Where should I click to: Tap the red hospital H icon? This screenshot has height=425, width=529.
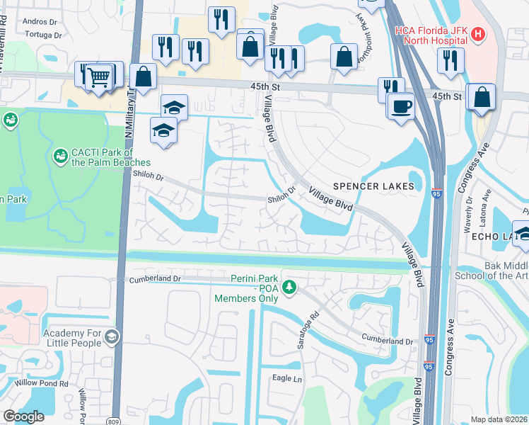pos(478,33)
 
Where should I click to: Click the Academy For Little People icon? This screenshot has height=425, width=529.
pos(111,337)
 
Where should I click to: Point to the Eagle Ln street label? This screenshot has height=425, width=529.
pos(287,378)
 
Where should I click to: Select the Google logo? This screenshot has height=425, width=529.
pos(23,416)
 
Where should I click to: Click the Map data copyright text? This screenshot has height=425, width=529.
pos(499,419)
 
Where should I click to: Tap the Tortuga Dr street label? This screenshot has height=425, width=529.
pos(41,33)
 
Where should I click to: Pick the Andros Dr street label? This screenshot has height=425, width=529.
pos(40,21)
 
